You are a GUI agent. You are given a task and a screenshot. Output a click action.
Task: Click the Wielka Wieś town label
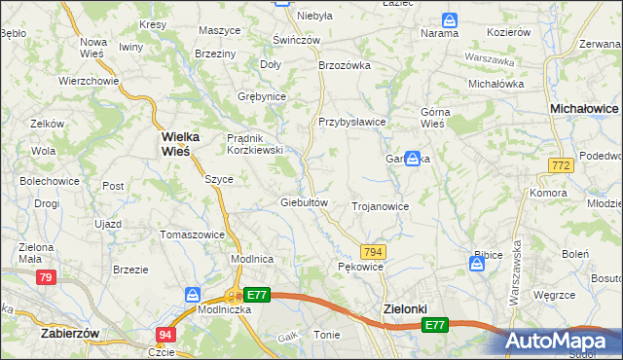pos(175,144)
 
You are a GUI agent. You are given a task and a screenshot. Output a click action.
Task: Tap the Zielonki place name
pos(401,308)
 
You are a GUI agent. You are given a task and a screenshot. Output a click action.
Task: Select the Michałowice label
pos(584,110)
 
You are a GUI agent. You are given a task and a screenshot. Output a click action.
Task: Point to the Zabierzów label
pos(72,332)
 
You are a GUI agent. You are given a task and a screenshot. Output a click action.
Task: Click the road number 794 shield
pos(373,252)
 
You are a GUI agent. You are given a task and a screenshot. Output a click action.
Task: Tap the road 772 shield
pos(560,167)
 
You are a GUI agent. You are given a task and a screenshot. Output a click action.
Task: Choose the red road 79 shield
pos(45,278)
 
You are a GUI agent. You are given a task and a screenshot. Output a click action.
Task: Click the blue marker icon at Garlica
pos(413,158)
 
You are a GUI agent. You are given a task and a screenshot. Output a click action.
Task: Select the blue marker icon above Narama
pos(449,19)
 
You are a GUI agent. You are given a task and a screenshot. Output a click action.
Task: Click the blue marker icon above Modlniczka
pos(193,294)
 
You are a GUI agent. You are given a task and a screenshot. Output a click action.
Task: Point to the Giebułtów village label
pos(302,202)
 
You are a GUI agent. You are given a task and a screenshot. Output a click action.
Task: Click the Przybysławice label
pos(352,122)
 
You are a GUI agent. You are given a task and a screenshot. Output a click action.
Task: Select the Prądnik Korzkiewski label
pos(254,144)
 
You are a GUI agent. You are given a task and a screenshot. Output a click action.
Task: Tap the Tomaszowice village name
pos(192,234)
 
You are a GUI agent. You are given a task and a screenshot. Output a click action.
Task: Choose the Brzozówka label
pos(346,65)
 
